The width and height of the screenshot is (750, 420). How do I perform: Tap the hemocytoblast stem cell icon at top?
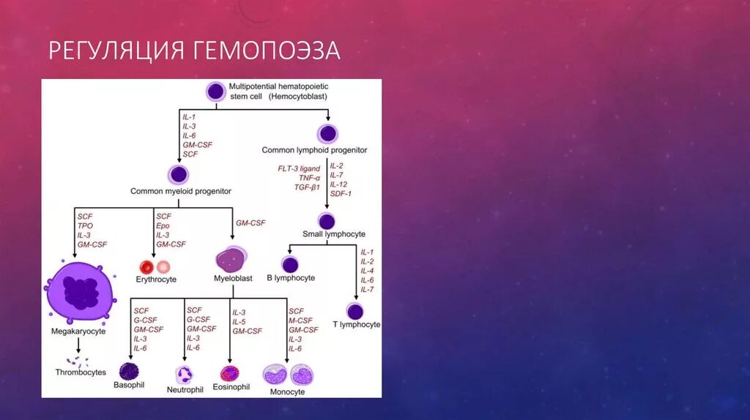tap(215, 91)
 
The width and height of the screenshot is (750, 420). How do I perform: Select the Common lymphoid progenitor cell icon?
tap(327, 134)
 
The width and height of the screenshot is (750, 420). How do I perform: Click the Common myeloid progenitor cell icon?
tap(179, 174)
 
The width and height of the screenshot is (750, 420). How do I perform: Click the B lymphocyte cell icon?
tap(291, 264)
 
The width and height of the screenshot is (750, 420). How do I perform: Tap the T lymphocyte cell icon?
tap(355, 311)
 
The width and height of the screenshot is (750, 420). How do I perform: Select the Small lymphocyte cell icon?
tap(327, 221)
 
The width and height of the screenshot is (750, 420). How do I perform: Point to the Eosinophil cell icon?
tap(230, 372)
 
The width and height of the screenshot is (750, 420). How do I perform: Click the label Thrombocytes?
tap(81, 372)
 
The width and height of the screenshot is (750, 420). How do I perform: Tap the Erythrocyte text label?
tap(156, 280)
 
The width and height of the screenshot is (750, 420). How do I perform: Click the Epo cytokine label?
tap(163, 225)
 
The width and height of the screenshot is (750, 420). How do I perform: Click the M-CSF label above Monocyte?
tap(300, 320)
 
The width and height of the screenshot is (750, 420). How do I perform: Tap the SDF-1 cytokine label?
tap(341, 193)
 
